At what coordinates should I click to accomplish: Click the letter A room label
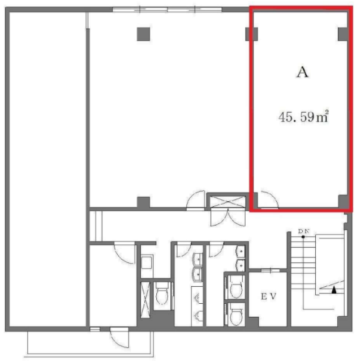click(x=302, y=72)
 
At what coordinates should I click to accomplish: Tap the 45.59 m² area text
click(x=303, y=117)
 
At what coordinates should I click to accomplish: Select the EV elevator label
click(x=268, y=296)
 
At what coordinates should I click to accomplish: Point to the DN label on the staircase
click(x=304, y=231)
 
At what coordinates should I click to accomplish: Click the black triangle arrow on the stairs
click(x=334, y=290)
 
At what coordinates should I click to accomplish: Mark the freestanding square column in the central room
click(x=143, y=34)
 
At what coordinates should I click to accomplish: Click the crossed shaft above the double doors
click(x=227, y=201)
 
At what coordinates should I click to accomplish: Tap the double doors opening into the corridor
click(x=228, y=217)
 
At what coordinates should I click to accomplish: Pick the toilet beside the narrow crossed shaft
click(x=162, y=294)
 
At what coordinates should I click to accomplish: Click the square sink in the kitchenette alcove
click(x=147, y=262)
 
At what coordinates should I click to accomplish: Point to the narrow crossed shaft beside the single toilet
click(x=145, y=300)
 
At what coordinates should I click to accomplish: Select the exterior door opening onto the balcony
click(x=119, y=338)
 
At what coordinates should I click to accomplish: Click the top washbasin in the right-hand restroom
click(x=241, y=251)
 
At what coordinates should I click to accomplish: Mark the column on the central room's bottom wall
click(x=143, y=202)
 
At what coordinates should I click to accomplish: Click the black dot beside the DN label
click(x=303, y=237)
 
